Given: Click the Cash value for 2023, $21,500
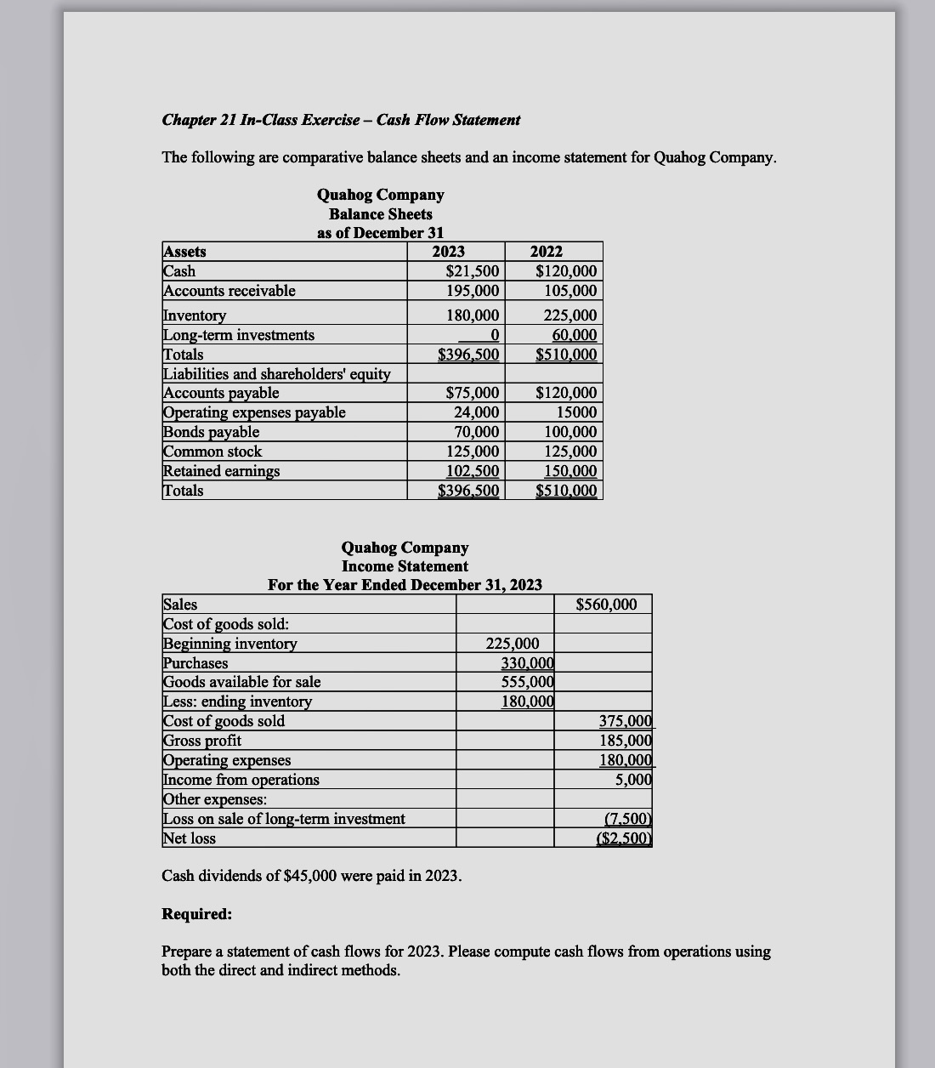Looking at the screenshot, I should pos(473,271).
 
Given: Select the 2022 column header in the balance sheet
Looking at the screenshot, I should pos(546,252).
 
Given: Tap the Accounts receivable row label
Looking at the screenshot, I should pos(229,291).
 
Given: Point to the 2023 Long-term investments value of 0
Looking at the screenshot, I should pos(493,335).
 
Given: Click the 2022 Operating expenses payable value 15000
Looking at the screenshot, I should pos(576,412).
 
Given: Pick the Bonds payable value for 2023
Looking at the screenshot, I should pos(477,432).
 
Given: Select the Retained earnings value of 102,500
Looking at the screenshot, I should pos(473,471).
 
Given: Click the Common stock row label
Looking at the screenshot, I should pos(212,452).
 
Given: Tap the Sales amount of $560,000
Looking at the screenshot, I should pos(606,605).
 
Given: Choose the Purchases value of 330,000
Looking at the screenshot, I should pos(527,663).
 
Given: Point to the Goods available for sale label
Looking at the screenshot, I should pos(242,682).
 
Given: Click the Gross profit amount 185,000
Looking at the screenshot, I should pos(626,741).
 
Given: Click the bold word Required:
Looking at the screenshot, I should pos(196,914).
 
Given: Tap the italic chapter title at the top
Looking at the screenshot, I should pos(341,120).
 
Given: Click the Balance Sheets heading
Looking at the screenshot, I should pos(380,214).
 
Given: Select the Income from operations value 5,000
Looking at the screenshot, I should pos(633,780).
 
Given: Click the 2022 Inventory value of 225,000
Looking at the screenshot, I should pos(570,315).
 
